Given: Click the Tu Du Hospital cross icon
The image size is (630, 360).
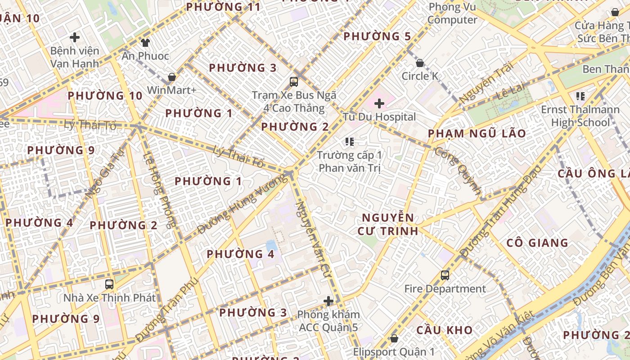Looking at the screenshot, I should coord(379,103).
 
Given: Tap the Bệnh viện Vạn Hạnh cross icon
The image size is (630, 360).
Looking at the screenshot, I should coord(75,37).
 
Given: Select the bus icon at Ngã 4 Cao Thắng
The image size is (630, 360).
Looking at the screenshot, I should coord(294,81).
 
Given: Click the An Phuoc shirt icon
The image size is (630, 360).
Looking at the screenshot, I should coord(145,43).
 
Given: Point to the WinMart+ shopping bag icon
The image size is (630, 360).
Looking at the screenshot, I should coord(171,77).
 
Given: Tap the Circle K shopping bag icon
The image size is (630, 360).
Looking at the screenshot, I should coord(420,63).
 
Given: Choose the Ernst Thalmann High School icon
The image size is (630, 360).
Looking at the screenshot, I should coord(580,96).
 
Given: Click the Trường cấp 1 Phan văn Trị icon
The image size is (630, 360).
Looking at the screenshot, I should coord(350,142).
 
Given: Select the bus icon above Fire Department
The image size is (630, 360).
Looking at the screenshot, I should coord(445,275).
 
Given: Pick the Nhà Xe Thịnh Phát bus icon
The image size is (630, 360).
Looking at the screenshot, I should coord(109,284).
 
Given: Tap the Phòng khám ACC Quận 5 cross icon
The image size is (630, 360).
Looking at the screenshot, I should coord(328,301).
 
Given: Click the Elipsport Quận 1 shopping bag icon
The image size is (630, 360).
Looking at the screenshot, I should coord(394,338).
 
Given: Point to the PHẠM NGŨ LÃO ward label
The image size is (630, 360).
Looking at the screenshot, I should coord(477,134).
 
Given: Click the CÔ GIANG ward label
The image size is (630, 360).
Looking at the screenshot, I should coord(537,243).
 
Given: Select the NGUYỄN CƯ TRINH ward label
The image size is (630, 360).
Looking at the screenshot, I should coord(388,224).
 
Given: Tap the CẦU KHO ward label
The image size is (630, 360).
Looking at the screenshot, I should coord(444,330).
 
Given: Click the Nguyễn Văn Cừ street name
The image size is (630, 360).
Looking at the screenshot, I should coord(312,238).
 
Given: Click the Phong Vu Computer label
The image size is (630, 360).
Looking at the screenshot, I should coord(452,13).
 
